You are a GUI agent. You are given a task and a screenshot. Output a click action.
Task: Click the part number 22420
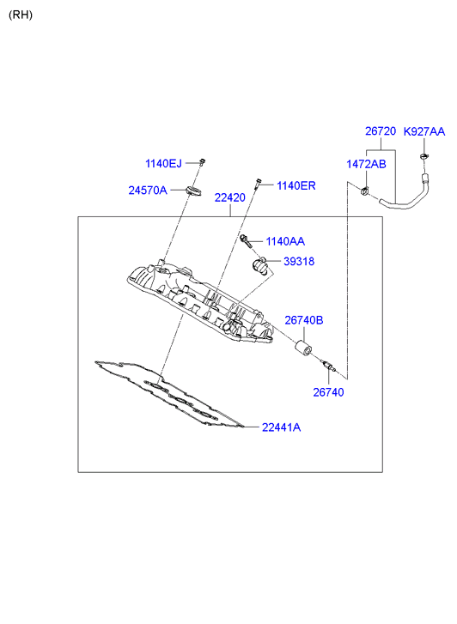(x=230, y=197)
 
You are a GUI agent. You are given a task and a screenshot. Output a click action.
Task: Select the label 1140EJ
(x=163, y=164)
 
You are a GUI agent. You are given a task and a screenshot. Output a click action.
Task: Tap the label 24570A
(x=148, y=191)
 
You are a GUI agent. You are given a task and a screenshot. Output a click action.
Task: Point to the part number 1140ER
(x=296, y=185)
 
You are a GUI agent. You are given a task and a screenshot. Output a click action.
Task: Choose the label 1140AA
(x=285, y=241)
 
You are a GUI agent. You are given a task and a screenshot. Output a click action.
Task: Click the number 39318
(x=299, y=262)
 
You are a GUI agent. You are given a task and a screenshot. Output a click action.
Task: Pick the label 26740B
(x=304, y=320)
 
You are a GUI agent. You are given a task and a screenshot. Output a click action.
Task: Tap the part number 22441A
(x=281, y=427)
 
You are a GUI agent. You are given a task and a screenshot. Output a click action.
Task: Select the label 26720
(x=381, y=131)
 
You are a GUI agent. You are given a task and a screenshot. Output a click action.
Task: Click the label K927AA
(x=424, y=131)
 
